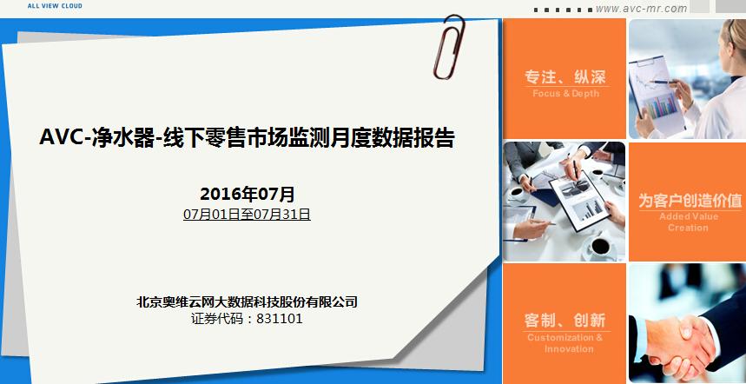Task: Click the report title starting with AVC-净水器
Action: click(248, 138)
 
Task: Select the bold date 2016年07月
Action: click(248, 194)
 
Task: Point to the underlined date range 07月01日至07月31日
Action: click(247, 214)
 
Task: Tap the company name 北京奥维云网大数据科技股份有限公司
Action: click(248, 301)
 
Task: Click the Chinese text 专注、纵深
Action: click(564, 76)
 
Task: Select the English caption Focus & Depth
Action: click(565, 94)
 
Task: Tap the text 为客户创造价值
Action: click(690, 201)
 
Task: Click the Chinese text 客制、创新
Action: click(564, 320)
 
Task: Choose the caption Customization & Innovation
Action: click(564, 343)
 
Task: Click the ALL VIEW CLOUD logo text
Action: click(54, 4)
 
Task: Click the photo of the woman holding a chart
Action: click(687, 78)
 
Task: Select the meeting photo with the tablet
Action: click(564, 201)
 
